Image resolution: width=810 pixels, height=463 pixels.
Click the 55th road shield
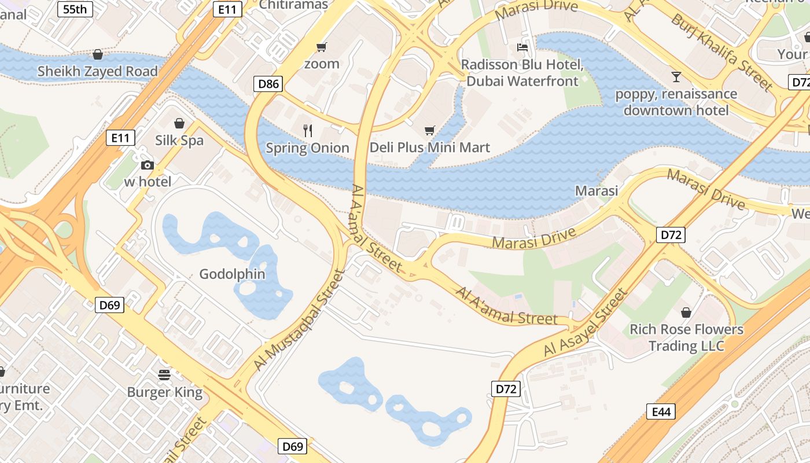75,9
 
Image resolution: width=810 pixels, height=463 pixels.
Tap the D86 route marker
268,84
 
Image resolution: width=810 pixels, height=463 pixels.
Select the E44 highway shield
661,412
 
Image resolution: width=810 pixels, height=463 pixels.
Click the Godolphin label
232,274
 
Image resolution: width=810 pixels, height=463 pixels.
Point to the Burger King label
165,392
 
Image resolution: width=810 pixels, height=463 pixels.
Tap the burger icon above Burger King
164,374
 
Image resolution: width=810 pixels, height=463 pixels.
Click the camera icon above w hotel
148,165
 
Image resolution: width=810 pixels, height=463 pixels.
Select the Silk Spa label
179,140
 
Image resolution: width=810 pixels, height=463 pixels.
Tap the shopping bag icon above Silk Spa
179,123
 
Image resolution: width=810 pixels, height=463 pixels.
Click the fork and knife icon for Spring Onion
308,131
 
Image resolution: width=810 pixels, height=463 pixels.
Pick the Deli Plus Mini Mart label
429,148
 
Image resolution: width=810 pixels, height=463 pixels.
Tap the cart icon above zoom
321,47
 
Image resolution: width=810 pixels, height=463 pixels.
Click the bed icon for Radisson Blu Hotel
522,47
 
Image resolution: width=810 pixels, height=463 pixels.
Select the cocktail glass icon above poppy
676,76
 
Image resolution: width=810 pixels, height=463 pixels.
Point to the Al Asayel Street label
586,322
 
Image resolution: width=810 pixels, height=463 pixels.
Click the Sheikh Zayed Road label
97,71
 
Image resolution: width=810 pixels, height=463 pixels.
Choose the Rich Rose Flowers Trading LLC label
686,337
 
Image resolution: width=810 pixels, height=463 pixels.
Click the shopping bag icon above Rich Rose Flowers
686,313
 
